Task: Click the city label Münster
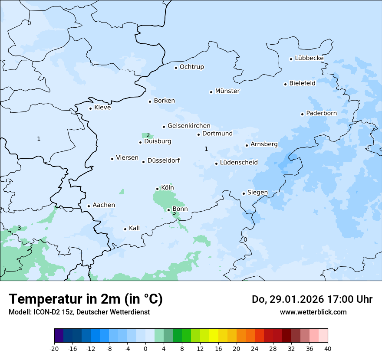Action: pos(227,91)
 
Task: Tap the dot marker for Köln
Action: pos(158,189)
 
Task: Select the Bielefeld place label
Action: pos(302,83)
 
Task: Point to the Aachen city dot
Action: pos(89,206)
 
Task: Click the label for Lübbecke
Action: pos(309,58)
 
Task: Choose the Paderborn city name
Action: pos(321,113)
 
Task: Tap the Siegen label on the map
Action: pos(257,193)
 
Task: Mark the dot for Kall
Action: pos(125,229)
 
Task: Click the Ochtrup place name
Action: pos(191,67)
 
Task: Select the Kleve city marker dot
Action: pos(90,108)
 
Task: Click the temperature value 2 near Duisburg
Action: pos(148,135)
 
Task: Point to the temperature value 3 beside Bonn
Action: pos(174,213)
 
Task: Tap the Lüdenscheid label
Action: pos(239,163)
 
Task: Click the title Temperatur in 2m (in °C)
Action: pos(86,299)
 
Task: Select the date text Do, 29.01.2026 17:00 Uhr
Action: pos(312,299)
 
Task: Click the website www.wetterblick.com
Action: pos(313,312)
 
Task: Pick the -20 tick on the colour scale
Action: pos(54,349)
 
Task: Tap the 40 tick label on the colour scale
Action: pos(328,349)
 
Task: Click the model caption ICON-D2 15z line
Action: pos(79,312)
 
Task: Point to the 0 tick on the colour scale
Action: pos(145,349)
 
